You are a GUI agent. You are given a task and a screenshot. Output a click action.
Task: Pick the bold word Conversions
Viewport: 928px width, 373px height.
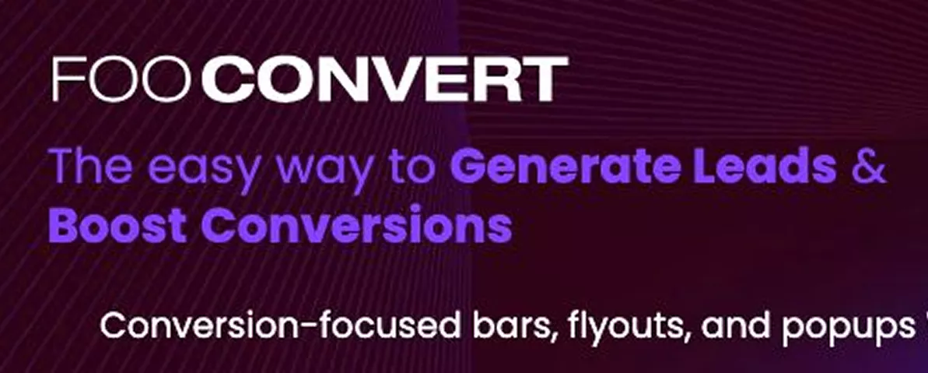coord(361,225)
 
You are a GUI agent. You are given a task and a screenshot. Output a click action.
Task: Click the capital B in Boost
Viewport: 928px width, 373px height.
coord(63,225)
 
